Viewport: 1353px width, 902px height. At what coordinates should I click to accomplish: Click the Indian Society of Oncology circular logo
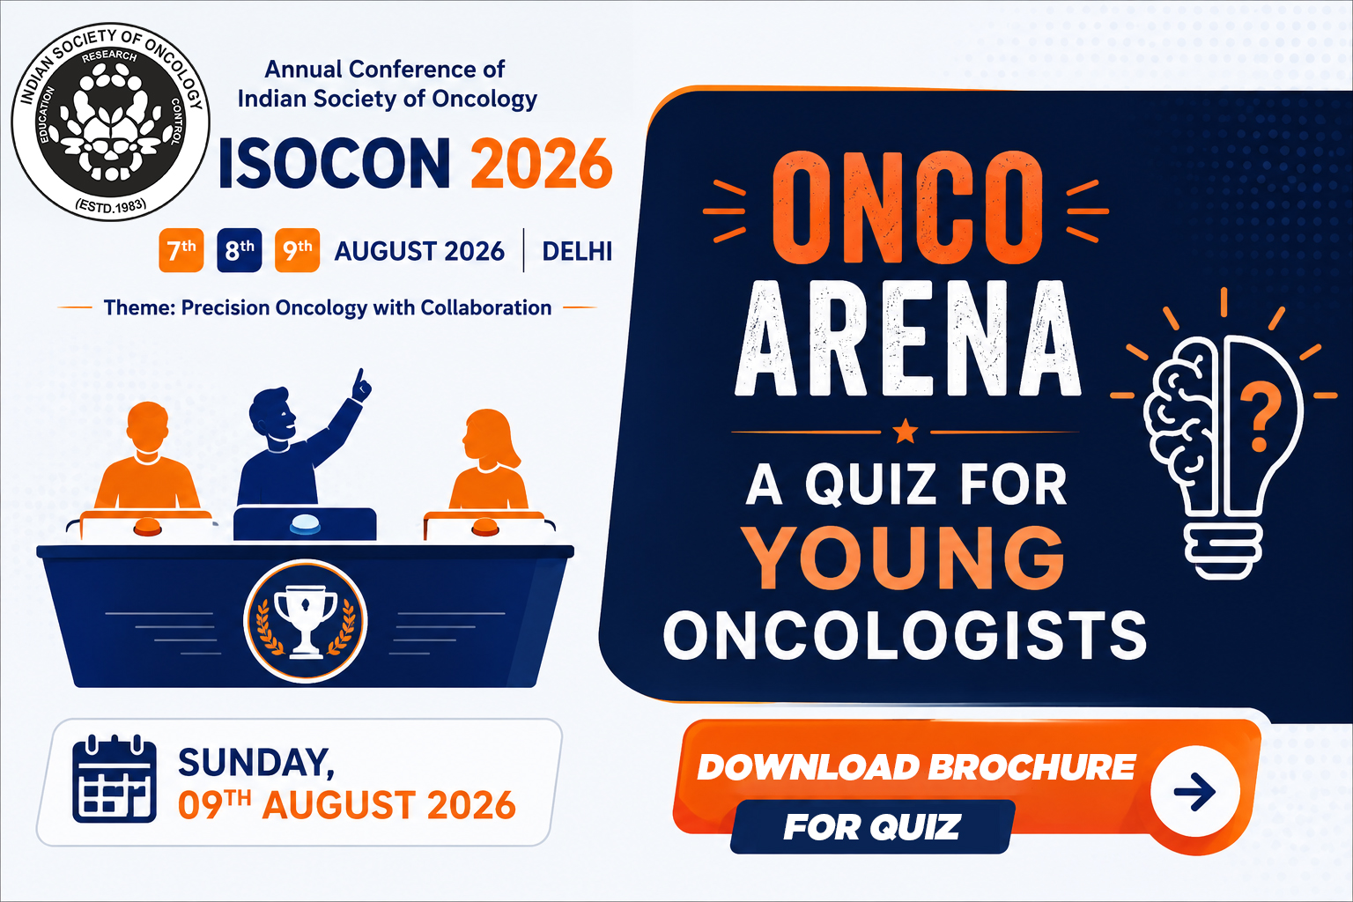pyautogui.click(x=110, y=122)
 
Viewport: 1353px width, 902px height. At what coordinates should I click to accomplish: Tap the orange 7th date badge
pyautogui.click(x=181, y=250)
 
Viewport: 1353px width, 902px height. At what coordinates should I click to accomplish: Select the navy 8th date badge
pyautogui.click(x=240, y=250)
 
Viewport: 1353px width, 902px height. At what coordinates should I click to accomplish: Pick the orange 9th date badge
pyautogui.click(x=297, y=250)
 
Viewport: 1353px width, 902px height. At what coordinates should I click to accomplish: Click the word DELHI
pyautogui.click(x=577, y=251)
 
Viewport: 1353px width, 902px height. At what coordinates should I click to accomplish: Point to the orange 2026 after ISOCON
pyautogui.click(x=541, y=164)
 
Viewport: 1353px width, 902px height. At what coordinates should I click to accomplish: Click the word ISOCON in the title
pyautogui.click(x=334, y=164)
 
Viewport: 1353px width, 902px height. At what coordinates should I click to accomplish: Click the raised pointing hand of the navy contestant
pyautogui.click(x=361, y=386)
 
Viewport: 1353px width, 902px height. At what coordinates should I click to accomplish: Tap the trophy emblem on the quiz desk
pyautogui.click(x=305, y=621)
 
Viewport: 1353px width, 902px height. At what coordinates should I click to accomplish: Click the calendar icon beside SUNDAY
pyautogui.click(x=115, y=779)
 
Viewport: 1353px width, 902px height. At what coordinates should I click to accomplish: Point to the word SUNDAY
pyautogui.click(x=256, y=763)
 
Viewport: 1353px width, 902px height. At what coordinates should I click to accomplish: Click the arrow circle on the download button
pyautogui.click(x=1194, y=791)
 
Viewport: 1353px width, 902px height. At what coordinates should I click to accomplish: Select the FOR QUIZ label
pyautogui.click(x=871, y=826)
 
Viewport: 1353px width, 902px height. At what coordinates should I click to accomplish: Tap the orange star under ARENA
pyautogui.click(x=905, y=432)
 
